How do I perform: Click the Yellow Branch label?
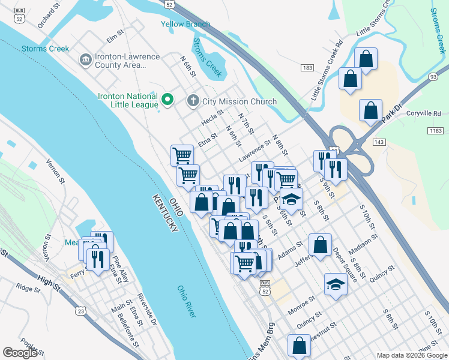185,24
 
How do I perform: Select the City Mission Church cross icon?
193,100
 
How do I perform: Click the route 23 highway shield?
80,311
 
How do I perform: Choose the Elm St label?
115,39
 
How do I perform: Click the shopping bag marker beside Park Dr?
370,110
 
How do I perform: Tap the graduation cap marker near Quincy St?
335,284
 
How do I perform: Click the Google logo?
20,353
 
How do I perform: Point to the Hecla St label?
212,117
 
